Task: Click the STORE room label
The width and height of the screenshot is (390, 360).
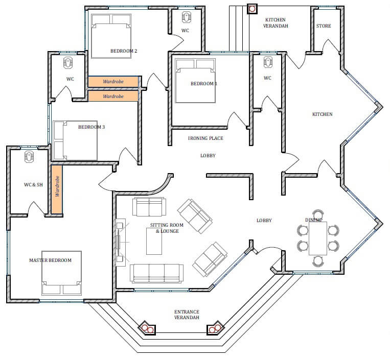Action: click(324, 26)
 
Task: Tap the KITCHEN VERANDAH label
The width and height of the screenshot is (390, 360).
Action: click(276, 22)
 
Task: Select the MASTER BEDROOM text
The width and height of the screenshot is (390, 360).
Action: click(50, 260)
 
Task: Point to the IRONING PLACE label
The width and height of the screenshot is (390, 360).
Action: click(205, 138)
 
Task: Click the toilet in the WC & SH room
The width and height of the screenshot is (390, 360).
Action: click(29, 157)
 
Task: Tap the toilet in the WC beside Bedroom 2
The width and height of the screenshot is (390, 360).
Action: click(186, 17)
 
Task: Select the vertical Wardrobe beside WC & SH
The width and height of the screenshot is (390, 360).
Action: click(57, 189)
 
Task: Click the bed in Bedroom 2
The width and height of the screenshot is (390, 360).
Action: click(111, 36)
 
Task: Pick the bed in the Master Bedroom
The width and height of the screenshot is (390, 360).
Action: click(61, 273)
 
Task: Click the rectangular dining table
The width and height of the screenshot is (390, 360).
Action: click(318, 238)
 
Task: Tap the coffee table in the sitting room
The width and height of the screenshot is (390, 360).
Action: click(154, 241)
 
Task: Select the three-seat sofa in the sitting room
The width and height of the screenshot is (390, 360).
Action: click(157, 273)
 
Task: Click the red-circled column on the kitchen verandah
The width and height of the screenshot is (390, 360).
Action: click(252, 9)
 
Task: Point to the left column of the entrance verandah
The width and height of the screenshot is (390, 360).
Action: click(147, 329)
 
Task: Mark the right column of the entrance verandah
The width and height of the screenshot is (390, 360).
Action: click(216, 328)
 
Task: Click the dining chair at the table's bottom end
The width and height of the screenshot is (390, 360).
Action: click(318, 261)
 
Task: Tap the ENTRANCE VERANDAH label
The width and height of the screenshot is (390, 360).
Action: click(187, 315)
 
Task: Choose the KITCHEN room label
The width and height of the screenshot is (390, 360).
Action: click(323, 114)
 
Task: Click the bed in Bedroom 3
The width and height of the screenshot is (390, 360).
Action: click(75, 140)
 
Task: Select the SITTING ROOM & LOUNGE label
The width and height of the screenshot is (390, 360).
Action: click(167, 228)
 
